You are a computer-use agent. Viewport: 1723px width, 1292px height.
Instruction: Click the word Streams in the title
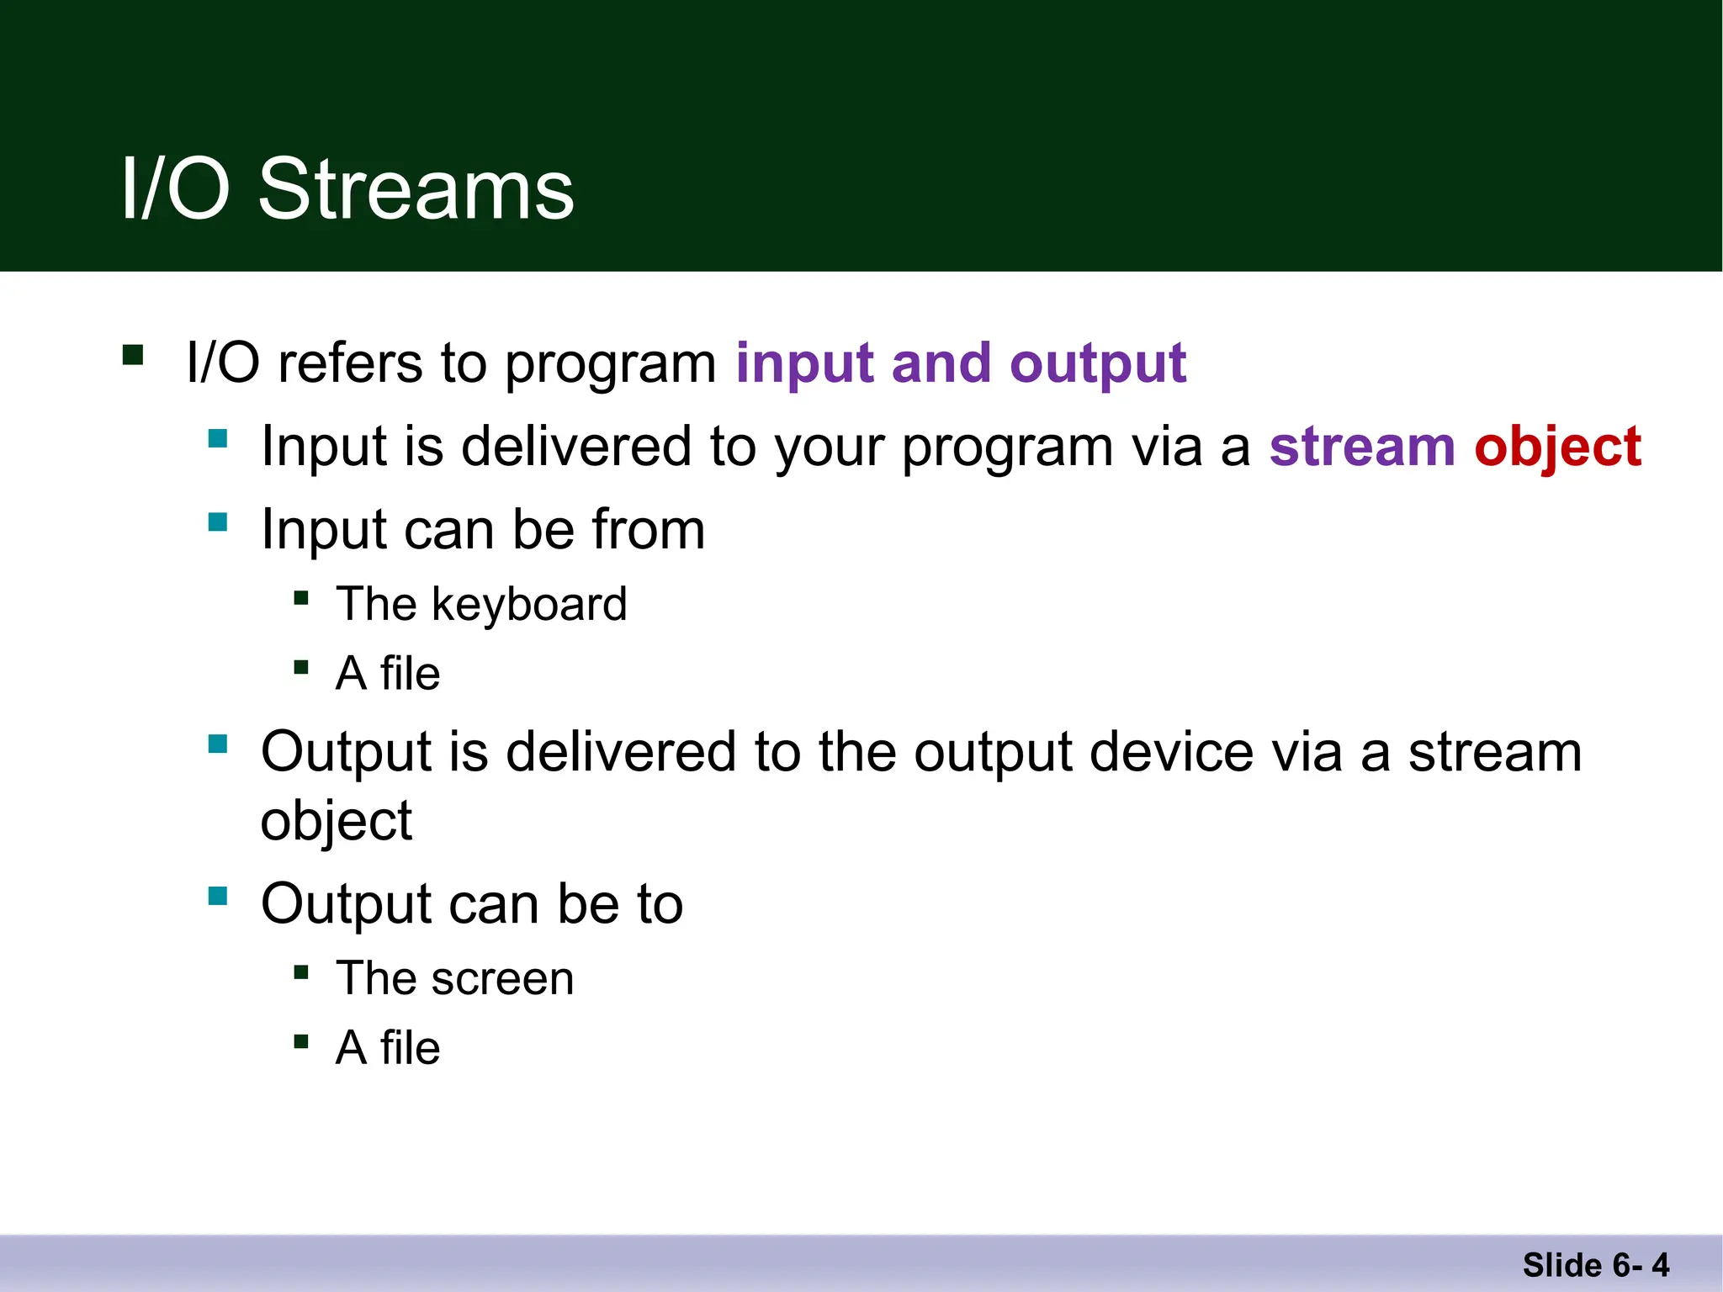(416, 190)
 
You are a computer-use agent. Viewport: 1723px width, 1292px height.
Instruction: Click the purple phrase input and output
(960, 363)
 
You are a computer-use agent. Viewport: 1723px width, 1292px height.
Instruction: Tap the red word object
(1557, 447)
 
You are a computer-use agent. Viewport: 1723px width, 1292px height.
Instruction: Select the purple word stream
(1361, 447)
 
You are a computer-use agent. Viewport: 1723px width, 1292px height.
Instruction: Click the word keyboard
(529, 604)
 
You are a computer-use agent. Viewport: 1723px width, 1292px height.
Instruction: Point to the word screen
(502, 978)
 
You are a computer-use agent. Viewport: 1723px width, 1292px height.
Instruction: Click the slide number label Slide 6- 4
(1595, 1265)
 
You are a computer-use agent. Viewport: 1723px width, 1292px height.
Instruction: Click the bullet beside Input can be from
(218, 522)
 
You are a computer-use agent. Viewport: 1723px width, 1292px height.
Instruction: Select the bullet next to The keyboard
(301, 598)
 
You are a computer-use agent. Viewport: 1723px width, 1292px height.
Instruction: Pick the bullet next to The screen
(301, 973)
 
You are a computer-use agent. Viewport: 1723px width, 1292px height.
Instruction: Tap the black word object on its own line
(336, 821)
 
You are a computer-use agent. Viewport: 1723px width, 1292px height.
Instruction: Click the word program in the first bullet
(610, 365)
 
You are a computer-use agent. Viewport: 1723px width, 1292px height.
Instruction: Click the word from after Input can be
(648, 530)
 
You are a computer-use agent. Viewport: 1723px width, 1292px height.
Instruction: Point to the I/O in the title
(175, 190)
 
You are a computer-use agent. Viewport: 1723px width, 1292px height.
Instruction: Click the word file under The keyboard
(410, 674)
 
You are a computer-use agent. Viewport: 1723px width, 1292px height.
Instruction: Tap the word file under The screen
(410, 1048)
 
